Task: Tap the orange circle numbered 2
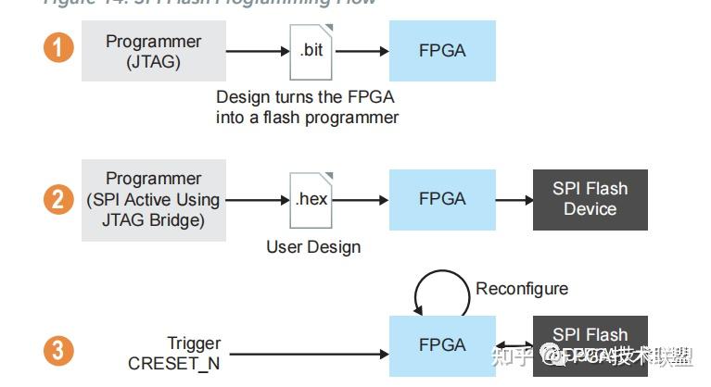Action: tap(58, 199)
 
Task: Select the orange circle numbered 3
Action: tap(58, 351)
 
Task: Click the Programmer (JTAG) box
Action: tap(153, 51)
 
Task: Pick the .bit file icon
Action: tap(311, 50)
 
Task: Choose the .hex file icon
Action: tap(311, 199)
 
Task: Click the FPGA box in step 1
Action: tap(442, 51)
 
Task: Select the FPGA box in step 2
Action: tap(442, 199)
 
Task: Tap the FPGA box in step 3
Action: tap(442, 345)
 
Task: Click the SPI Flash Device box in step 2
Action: tap(590, 199)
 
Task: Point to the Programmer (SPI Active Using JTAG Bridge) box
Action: tap(153, 199)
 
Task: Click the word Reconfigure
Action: tap(522, 289)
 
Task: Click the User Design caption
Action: tap(313, 246)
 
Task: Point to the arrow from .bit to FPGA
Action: tap(361, 52)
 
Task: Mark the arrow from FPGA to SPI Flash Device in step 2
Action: tap(514, 200)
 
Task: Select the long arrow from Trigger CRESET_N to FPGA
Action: tap(306, 353)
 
